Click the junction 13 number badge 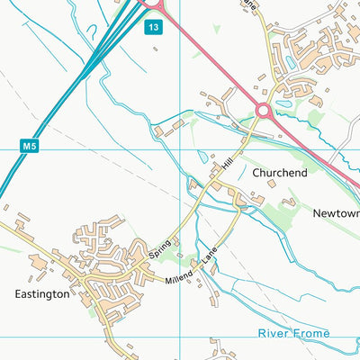click(x=155, y=28)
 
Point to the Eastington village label click(x=41, y=293)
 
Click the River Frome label click(x=293, y=333)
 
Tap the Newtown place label click(x=336, y=213)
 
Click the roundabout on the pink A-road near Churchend click(x=264, y=110)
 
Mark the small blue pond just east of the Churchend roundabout click(x=284, y=104)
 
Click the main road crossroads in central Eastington click(x=85, y=286)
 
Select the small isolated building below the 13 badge click(x=155, y=49)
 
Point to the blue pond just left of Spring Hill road click(x=202, y=155)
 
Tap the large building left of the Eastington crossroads click(x=39, y=262)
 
